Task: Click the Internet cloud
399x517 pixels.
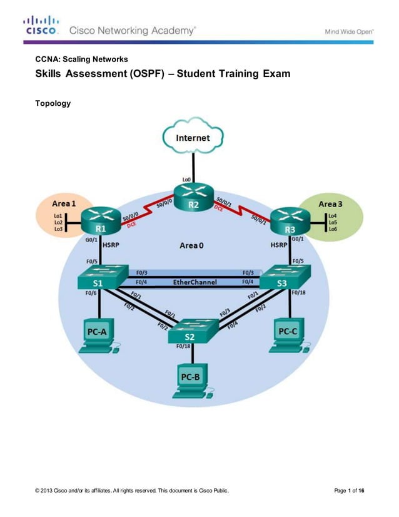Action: pyautogui.click(x=193, y=137)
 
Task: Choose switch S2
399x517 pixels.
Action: pyautogui.click(x=192, y=330)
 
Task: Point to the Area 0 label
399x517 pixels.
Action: pyautogui.click(x=191, y=245)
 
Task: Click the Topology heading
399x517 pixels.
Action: pyautogui.click(x=53, y=103)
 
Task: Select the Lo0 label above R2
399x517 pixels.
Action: pyautogui.click(x=187, y=180)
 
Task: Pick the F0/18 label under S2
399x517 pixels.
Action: pyautogui.click(x=183, y=346)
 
